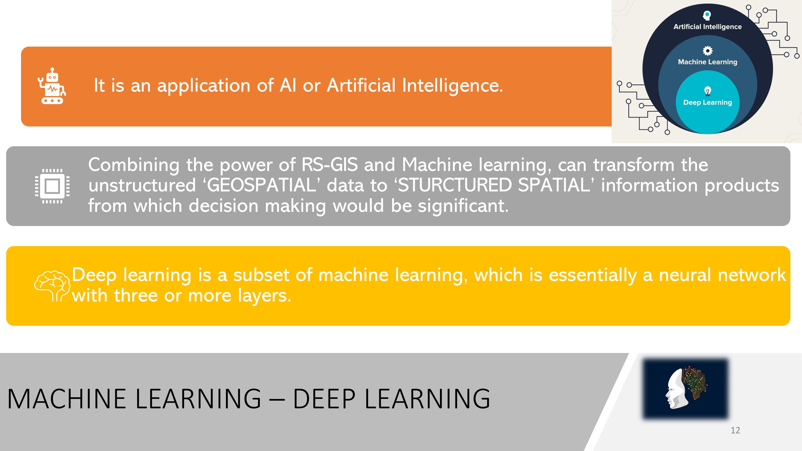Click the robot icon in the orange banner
click(52, 86)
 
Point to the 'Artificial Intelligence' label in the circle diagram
click(707, 27)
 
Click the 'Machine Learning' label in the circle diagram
click(707, 62)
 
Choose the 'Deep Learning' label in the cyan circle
click(707, 102)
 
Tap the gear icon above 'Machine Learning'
click(707, 51)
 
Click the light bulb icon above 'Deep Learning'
click(708, 91)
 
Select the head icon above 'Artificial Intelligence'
click(707, 15)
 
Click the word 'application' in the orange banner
click(204, 86)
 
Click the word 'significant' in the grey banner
click(463, 206)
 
